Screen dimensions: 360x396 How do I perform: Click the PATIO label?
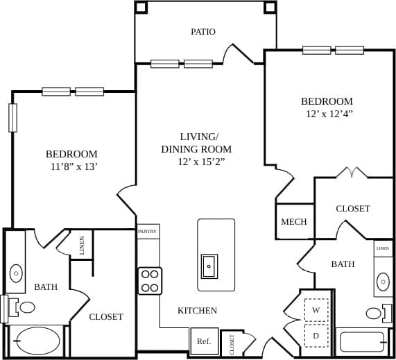pos(203,32)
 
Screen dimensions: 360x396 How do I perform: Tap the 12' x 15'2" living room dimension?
pos(201,162)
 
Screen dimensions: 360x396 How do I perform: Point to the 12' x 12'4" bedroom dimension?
pos(329,114)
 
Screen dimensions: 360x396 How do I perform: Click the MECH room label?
pos(294,222)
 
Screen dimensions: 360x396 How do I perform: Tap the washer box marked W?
pos(316,310)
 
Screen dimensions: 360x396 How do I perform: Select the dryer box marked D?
pos(316,336)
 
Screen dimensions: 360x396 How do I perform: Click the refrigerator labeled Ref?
pos(204,341)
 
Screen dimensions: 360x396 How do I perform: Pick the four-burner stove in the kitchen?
pos(150,281)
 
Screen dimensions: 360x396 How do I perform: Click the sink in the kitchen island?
pos(209,265)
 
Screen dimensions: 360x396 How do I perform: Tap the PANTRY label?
pos(148,231)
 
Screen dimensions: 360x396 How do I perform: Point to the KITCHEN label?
pos(197,311)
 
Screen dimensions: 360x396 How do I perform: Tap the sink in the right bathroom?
pos(384,281)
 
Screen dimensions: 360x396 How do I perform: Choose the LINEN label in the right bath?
pos(384,248)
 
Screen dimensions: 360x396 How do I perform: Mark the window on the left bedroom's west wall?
pos(12,117)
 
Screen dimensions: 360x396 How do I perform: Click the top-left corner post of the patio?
pos(141,7)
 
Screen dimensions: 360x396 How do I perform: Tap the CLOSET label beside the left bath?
pos(106,317)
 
